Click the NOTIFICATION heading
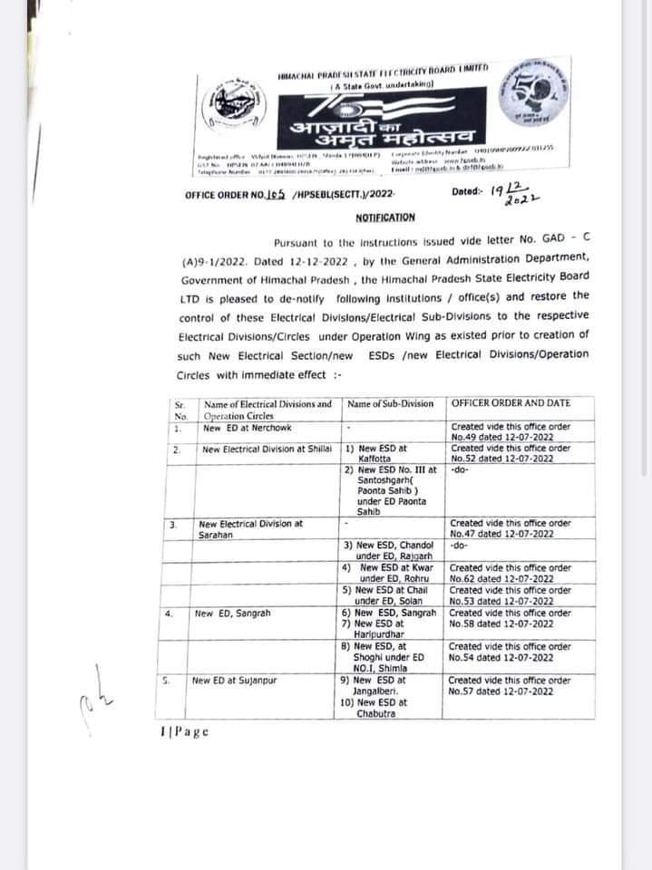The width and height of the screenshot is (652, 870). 384,217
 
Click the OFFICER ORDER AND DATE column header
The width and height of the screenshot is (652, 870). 509,403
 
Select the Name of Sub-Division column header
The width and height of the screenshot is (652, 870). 389,403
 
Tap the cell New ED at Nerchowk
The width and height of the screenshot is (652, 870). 242,428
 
